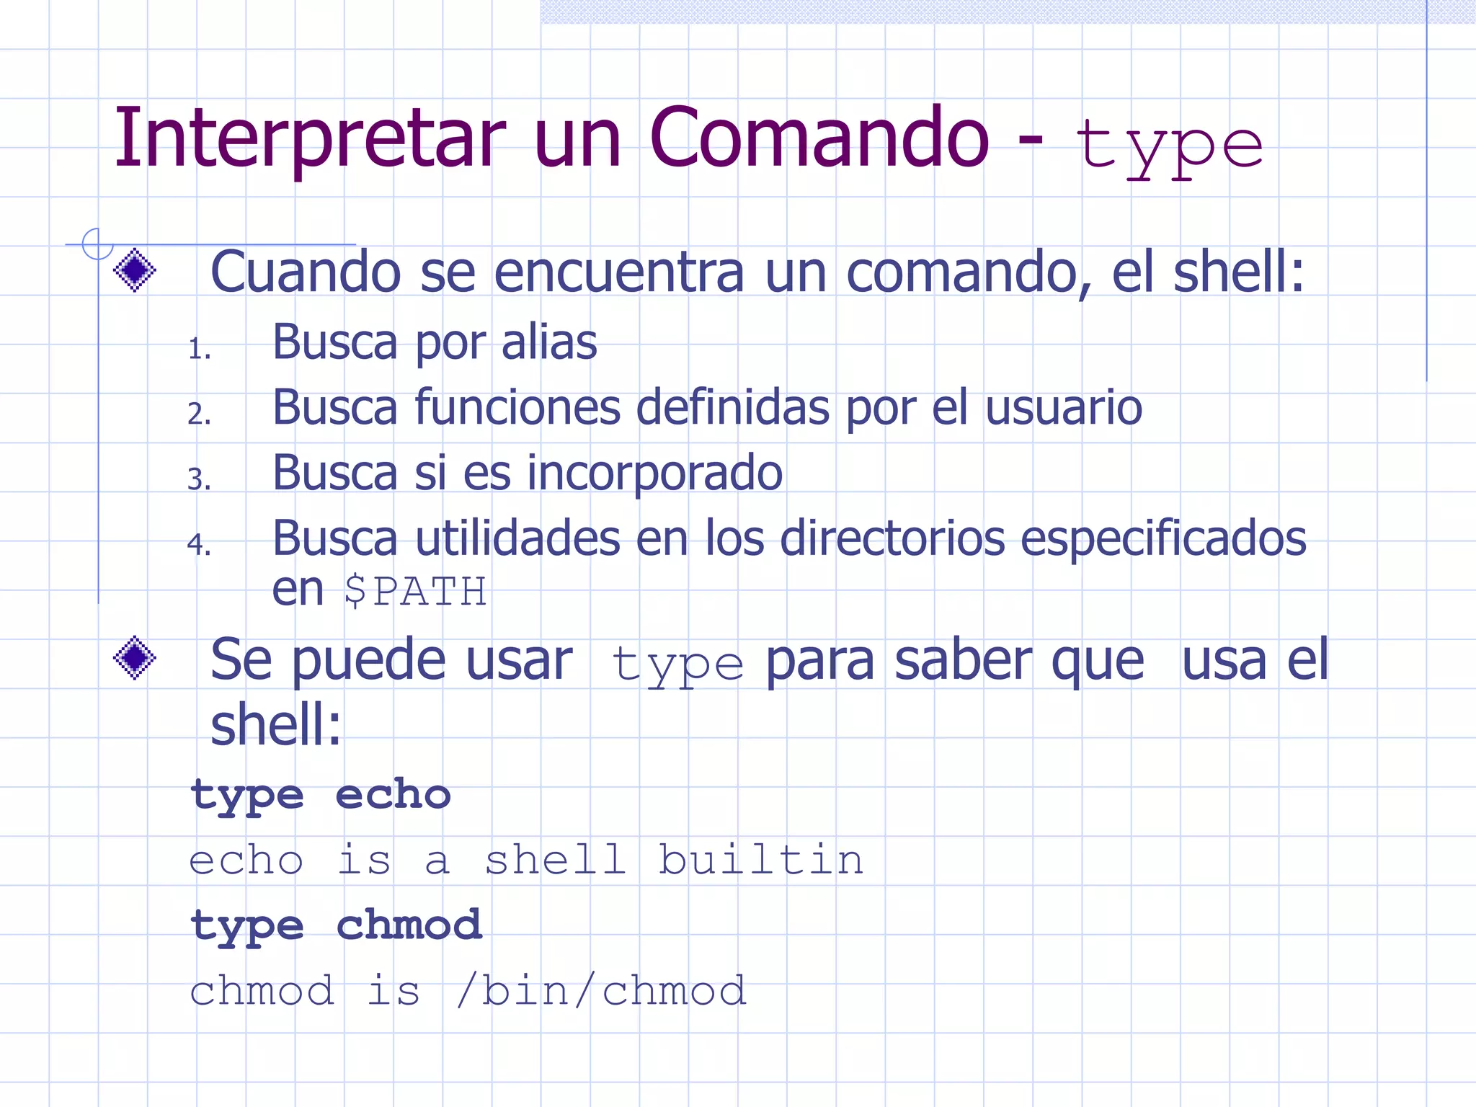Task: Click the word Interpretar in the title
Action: (310, 138)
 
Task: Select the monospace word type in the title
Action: (1168, 148)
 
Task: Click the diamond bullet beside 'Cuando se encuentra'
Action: (135, 270)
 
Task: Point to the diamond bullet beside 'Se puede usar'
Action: (135, 658)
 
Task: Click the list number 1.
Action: (199, 349)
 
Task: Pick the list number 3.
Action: (199, 479)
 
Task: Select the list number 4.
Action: (199, 544)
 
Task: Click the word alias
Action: (549, 342)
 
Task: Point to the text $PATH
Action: (415, 592)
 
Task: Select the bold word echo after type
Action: (393, 795)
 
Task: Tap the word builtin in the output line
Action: (761, 860)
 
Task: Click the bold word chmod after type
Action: (409, 925)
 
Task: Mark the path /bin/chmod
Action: (602, 991)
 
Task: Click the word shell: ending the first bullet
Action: (1238, 272)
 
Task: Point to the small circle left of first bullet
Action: (97, 244)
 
